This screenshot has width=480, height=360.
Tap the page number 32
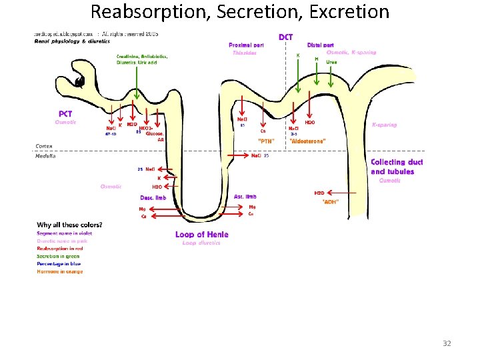tap(447, 343)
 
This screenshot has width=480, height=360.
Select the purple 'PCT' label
tap(65, 114)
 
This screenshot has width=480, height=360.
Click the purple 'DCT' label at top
tap(285, 37)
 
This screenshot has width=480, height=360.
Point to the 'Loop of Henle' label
tap(201, 234)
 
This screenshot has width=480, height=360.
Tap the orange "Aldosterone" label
tap(307, 141)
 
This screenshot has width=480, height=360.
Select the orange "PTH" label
tap(266, 141)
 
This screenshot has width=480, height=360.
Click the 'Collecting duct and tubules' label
tap(397, 167)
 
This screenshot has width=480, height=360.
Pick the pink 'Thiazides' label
tap(244, 53)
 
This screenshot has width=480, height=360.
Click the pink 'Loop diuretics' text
tap(201, 243)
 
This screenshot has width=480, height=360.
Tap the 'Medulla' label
tap(45, 156)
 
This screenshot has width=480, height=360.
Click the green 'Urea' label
tap(331, 62)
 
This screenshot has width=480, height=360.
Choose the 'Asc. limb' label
tap(245, 197)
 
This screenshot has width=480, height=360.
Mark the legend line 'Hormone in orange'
tap(60, 271)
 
